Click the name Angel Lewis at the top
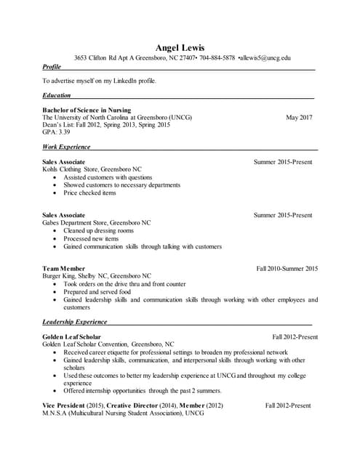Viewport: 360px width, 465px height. [x=180, y=47]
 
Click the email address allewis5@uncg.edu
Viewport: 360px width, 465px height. [x=265, y=57]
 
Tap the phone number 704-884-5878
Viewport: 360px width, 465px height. [x=217, y=57]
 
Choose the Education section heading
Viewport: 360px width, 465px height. [x=57, y=95]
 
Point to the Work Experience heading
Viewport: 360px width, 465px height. [x=66, y=147]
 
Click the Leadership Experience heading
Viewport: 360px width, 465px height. [x=74, y=321]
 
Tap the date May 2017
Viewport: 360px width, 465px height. [x=299, y=117]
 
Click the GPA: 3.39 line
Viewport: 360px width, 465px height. [x=56, y=132]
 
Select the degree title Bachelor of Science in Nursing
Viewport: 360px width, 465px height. [x=87, y=110]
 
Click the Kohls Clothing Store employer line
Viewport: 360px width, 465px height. [x=92, y=169]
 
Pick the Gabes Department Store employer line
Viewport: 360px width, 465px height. [x=96, y=222]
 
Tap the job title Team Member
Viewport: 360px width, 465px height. [x=63, y=269]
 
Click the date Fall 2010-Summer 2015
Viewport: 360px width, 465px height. [x=287, y=269]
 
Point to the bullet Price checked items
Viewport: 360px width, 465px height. [x=89, y=193]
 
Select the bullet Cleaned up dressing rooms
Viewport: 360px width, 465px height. [x=98, y=230]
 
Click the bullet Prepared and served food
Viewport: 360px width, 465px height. [x=97, y=291]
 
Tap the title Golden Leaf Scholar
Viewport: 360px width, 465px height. [x=71, y=337]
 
